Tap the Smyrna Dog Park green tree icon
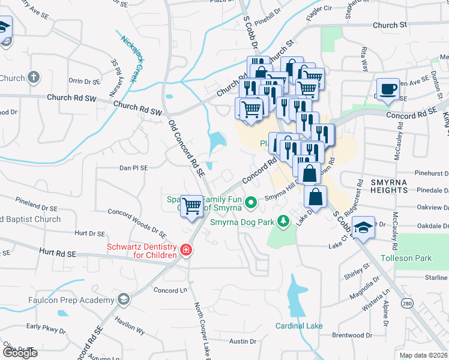(284, 221)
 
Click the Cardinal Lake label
(299, 326)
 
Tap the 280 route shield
(407, 305)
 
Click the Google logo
(19, 352)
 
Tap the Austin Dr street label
(243, 341)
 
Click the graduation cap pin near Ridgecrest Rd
(363, 227)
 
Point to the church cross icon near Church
(34, 77)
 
